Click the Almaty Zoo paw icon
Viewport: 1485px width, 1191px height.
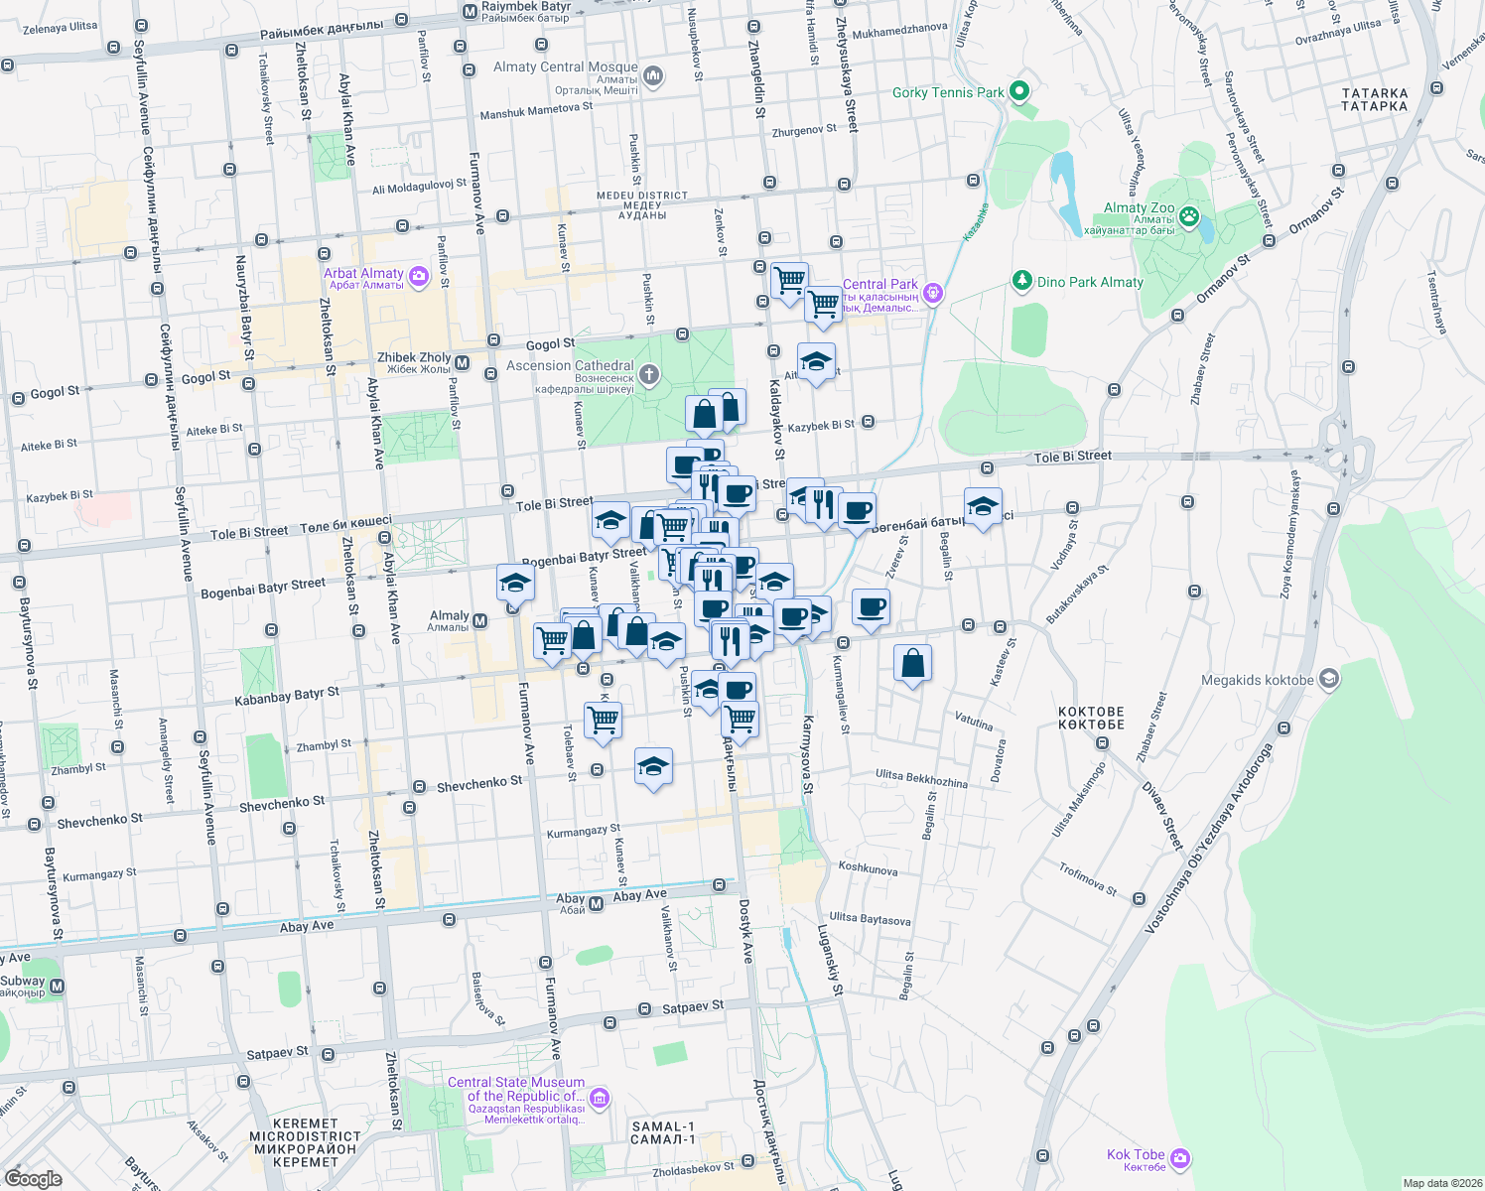click(1189, 215)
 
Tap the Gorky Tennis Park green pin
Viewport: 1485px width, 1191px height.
click(1018, 92)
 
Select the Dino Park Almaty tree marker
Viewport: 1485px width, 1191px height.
click(1022, 281)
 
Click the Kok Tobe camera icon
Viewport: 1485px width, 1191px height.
click(1180, 1158)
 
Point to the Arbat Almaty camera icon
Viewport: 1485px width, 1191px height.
click(419, 277)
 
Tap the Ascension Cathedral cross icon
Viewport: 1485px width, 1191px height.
click(649, 374)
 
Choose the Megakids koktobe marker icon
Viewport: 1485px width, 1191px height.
click(1329, 680)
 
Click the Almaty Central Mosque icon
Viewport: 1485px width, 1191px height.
click(653, 75)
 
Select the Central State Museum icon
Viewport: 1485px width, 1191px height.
click(599, 1098)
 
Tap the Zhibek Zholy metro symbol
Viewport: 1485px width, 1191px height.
click(462, 359)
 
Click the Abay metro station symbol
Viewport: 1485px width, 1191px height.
click(597, 903)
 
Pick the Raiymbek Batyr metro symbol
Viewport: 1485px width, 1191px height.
click(470, 11)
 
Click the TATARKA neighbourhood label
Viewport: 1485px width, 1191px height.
click(1375, 99)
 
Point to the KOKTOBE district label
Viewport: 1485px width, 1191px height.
click(1091, 718)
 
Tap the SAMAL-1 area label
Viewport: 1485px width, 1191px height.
click(663, 1132)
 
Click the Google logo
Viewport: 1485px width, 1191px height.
click(33, 1178)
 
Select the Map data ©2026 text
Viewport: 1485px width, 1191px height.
click(1441, 1183)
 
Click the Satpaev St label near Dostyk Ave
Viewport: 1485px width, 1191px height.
click(693, 1006)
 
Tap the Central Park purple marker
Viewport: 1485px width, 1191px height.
click(932, 293)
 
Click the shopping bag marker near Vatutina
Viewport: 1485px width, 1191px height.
click(912, 663)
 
